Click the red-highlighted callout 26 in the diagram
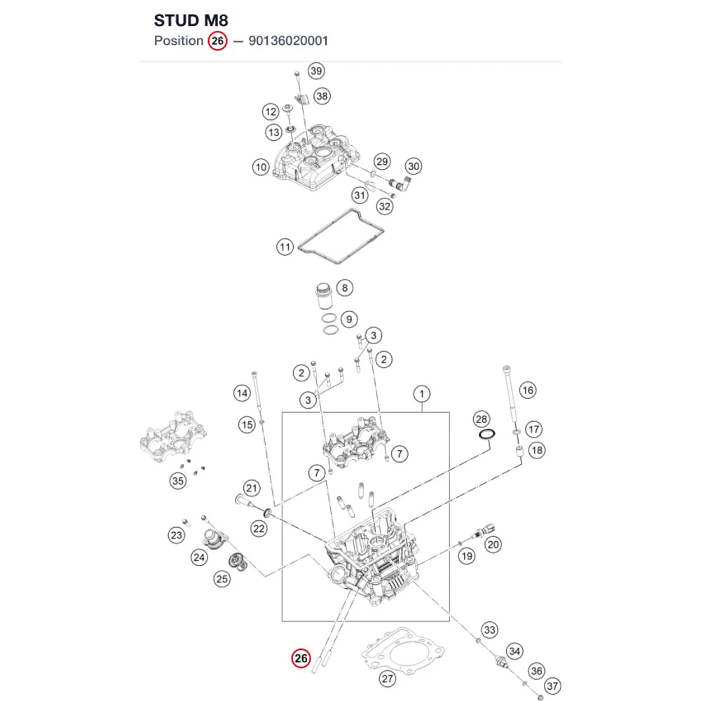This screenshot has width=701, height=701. pyautogui.click(x=301, y=658)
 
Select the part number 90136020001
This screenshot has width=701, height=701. pyautogui.click(x=288, y=41)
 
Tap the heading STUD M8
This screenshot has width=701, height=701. pyautogui.click(x=191, y=20)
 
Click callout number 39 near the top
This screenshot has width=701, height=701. pyautogui.click(x=316, y=71)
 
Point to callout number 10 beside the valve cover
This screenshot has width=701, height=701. pyautogui.click(x=261, y=168)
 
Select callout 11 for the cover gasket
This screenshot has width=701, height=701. pyautogui.click(x=285, y=247)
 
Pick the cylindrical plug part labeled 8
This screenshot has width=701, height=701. pyautogui.click(x=324, y=296)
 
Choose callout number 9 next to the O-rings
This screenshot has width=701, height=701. pyautogui.click(x=349, y=319)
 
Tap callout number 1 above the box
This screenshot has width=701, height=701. pyautogui.click(x=421, y=394)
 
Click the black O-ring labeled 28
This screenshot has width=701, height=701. pyautogui.click(x=487, y=434)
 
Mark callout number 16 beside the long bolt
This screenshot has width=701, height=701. pyautogui.click(x=528, y=390)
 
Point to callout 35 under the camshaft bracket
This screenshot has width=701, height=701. pyautogui.click(x=178, y=481)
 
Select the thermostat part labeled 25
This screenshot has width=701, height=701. pyautogui.click(x=238, y=562)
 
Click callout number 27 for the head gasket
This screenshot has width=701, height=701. pyautogui.click(x=387, y=679)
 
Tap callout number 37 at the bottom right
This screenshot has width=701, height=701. pyautogui.click(x=552, y=686)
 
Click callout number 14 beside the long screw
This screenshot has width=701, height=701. pyautogui.click(x=242, y=393)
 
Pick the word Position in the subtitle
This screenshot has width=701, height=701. pyautogui.click(x=179, y=41)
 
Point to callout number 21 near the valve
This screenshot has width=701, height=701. pyautogui.click(x=252, y=488)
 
